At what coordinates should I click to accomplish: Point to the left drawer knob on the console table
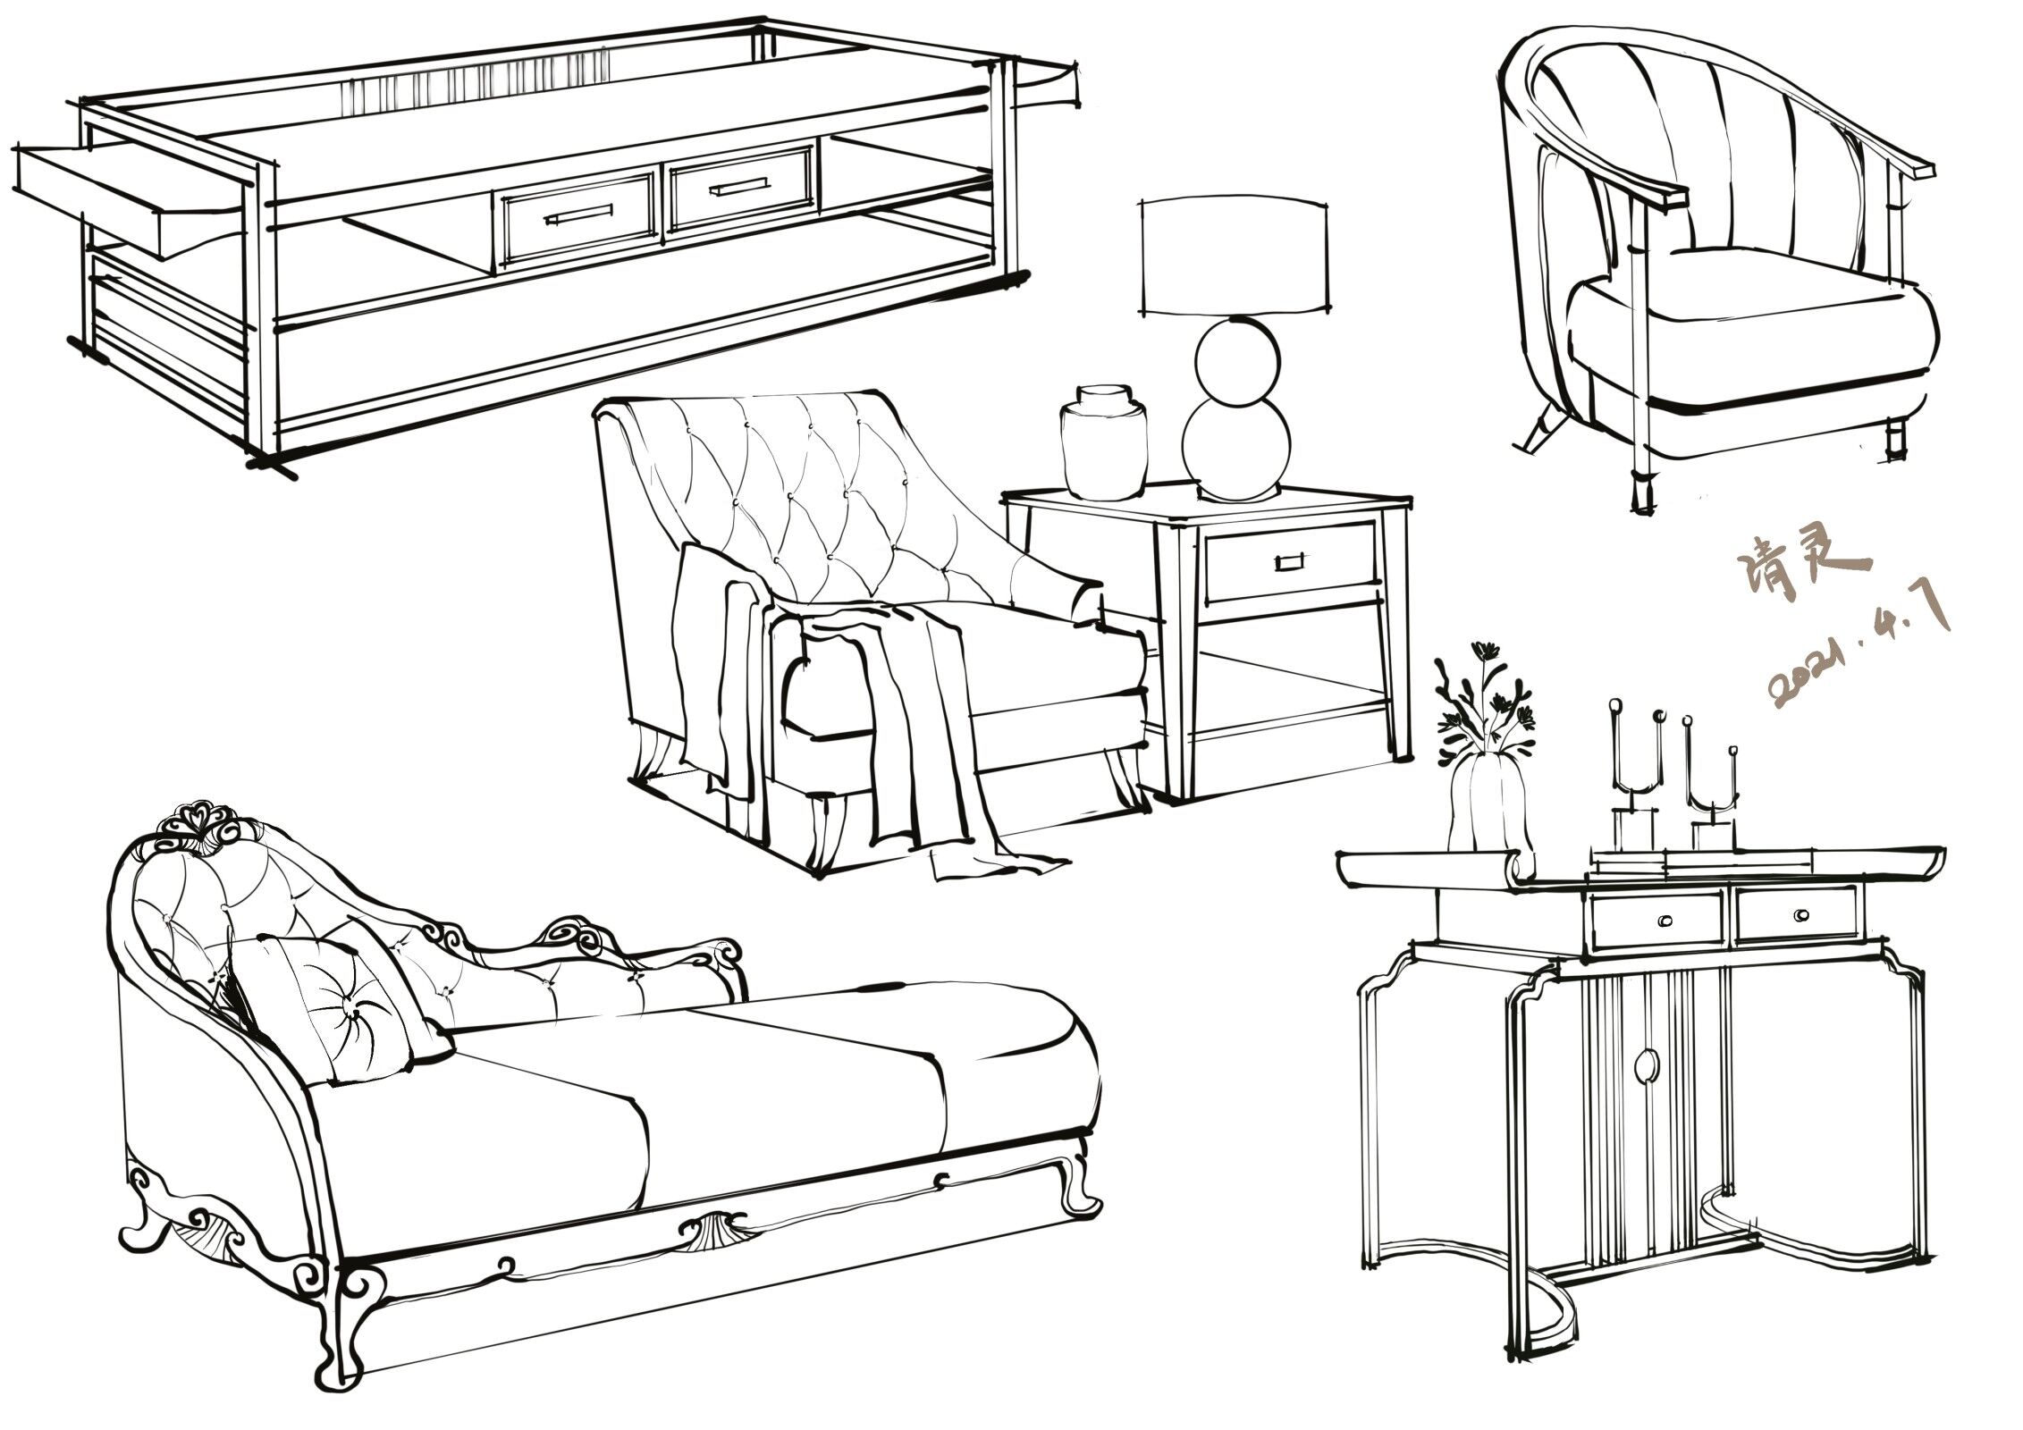[1666, 921]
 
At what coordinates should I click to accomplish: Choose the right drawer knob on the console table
[1800, 915]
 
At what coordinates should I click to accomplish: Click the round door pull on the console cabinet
[1644, 1065]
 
